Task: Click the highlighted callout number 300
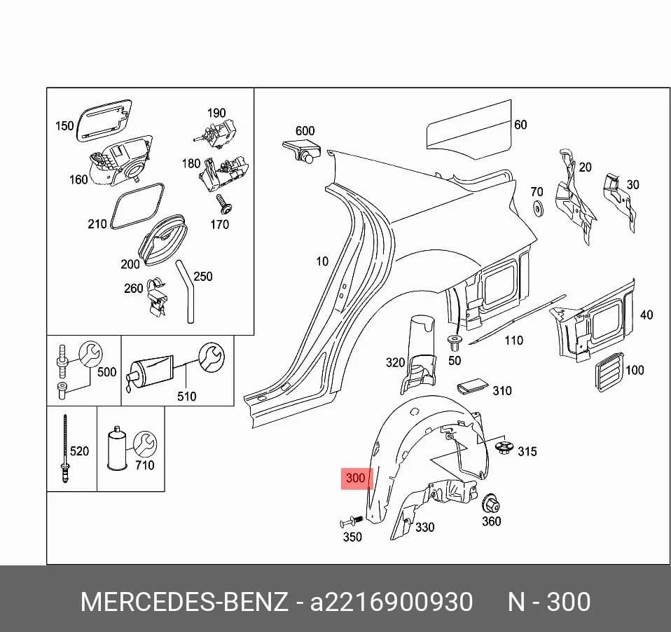355,478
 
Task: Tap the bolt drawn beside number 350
352,521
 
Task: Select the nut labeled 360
491,504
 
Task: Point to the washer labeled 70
537,207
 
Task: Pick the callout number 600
305,130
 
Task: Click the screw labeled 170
223,205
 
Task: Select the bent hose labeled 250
186,291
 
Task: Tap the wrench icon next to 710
145,445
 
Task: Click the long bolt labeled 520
65,448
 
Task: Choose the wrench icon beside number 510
212,357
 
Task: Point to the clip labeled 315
504,448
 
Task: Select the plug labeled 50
455,343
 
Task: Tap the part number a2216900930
391,602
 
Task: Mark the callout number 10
321,261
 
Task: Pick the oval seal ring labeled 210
137,207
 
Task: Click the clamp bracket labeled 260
157,297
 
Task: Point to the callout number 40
646,315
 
